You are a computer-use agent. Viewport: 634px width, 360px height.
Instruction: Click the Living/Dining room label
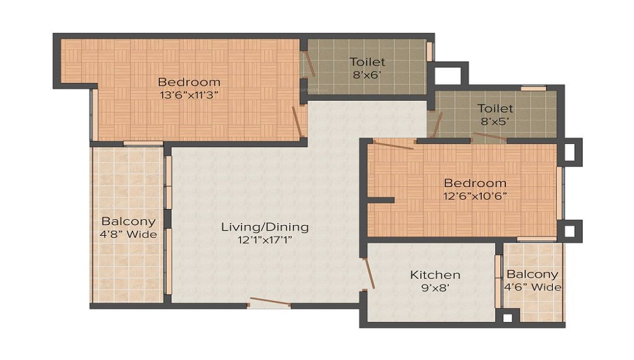click(264, 227)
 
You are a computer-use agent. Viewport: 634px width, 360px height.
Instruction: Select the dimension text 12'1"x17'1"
click(264, 240)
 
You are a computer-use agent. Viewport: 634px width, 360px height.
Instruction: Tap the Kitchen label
click(435, 275)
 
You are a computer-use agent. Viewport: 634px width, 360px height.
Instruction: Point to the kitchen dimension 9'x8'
click(435, 288)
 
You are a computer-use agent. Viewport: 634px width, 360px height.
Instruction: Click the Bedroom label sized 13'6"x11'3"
click(189, 82)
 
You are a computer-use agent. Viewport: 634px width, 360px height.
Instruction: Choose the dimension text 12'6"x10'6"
click(475, 196)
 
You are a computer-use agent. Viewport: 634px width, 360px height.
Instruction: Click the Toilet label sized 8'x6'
click(368, 62)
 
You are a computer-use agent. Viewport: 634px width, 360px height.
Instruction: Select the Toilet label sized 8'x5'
click(495, 108)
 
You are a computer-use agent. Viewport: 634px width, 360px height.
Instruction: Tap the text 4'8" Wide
click(129, 235)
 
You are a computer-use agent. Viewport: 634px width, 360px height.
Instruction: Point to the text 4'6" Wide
click(533, 287)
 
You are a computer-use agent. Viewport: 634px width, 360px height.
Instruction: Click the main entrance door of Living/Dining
click(269, 303)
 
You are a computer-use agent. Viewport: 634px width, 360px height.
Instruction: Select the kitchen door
click(368, 273)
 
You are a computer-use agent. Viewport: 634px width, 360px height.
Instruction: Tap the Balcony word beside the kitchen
click(533, 274)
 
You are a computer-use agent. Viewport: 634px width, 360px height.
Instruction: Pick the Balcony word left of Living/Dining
click(129, 222)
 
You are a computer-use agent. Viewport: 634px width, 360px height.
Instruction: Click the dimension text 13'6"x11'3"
click(189, 95)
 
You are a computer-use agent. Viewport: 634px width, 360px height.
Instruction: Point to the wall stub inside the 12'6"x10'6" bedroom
click(380, 200)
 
